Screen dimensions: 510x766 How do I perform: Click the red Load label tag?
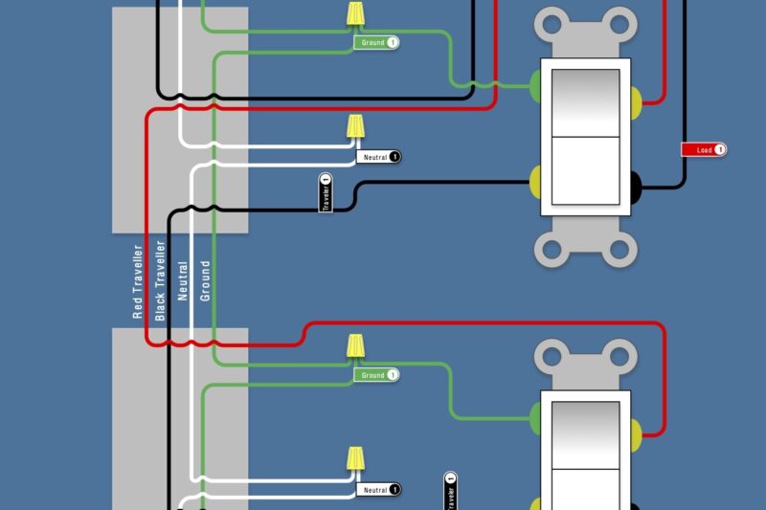704,149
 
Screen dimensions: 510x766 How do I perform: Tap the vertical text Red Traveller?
138,280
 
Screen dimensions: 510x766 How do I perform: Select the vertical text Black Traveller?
160,280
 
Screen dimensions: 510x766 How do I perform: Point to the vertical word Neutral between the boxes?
183,281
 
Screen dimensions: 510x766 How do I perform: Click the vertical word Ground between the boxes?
205,280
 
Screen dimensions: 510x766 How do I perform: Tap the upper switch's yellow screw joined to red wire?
636,98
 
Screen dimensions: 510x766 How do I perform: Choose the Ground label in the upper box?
377,43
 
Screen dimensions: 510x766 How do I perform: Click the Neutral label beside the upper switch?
379,156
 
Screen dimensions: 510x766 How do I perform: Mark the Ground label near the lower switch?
377,375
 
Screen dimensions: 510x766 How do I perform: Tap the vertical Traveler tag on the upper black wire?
326,192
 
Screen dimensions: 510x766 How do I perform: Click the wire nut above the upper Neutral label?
355,127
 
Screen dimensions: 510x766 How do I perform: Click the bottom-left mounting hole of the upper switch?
552,250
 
